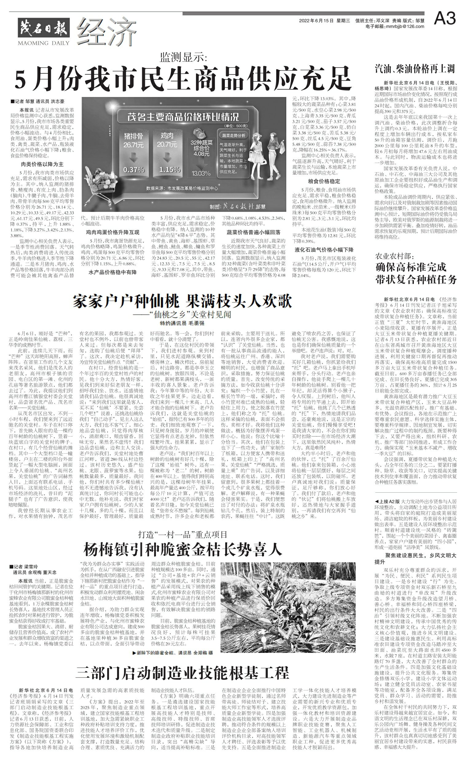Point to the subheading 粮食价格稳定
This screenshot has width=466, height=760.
tap(324, 181)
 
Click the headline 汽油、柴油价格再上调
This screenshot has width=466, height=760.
tap(415, 68)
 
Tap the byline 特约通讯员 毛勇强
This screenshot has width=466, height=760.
tap(182, 323)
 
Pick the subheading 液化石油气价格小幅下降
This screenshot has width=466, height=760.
tap(324, 250)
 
